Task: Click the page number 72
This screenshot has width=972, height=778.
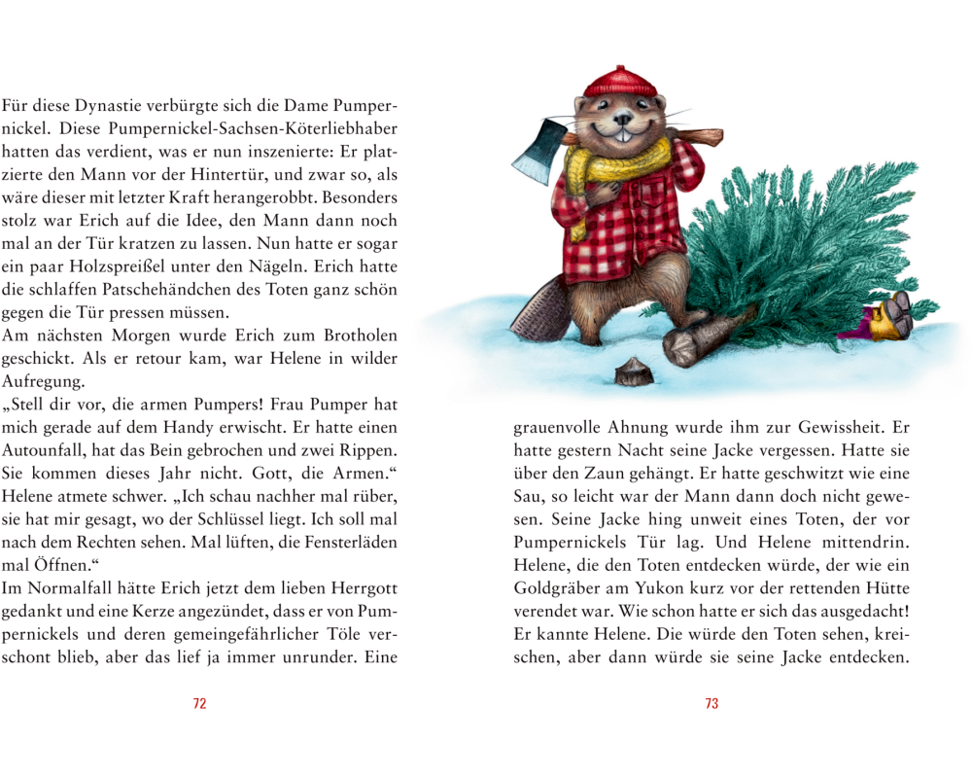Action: (x=199, y=704)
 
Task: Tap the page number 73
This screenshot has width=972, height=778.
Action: (x=712, y=704)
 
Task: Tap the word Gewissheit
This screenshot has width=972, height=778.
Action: (x=831, y=429)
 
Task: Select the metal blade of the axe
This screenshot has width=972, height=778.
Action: (x=533, y=148)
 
